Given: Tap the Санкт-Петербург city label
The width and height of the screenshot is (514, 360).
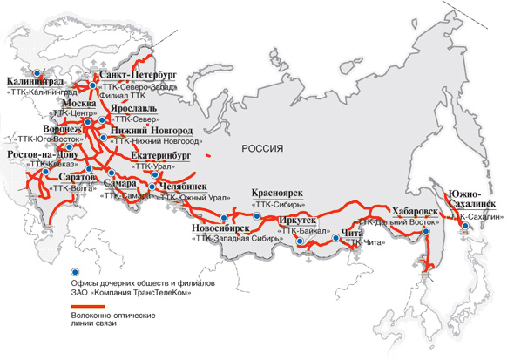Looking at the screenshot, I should coord(139,76).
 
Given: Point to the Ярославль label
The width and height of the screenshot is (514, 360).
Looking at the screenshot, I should coord(132,111).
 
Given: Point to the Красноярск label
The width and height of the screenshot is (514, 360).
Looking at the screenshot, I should coord(276,194).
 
